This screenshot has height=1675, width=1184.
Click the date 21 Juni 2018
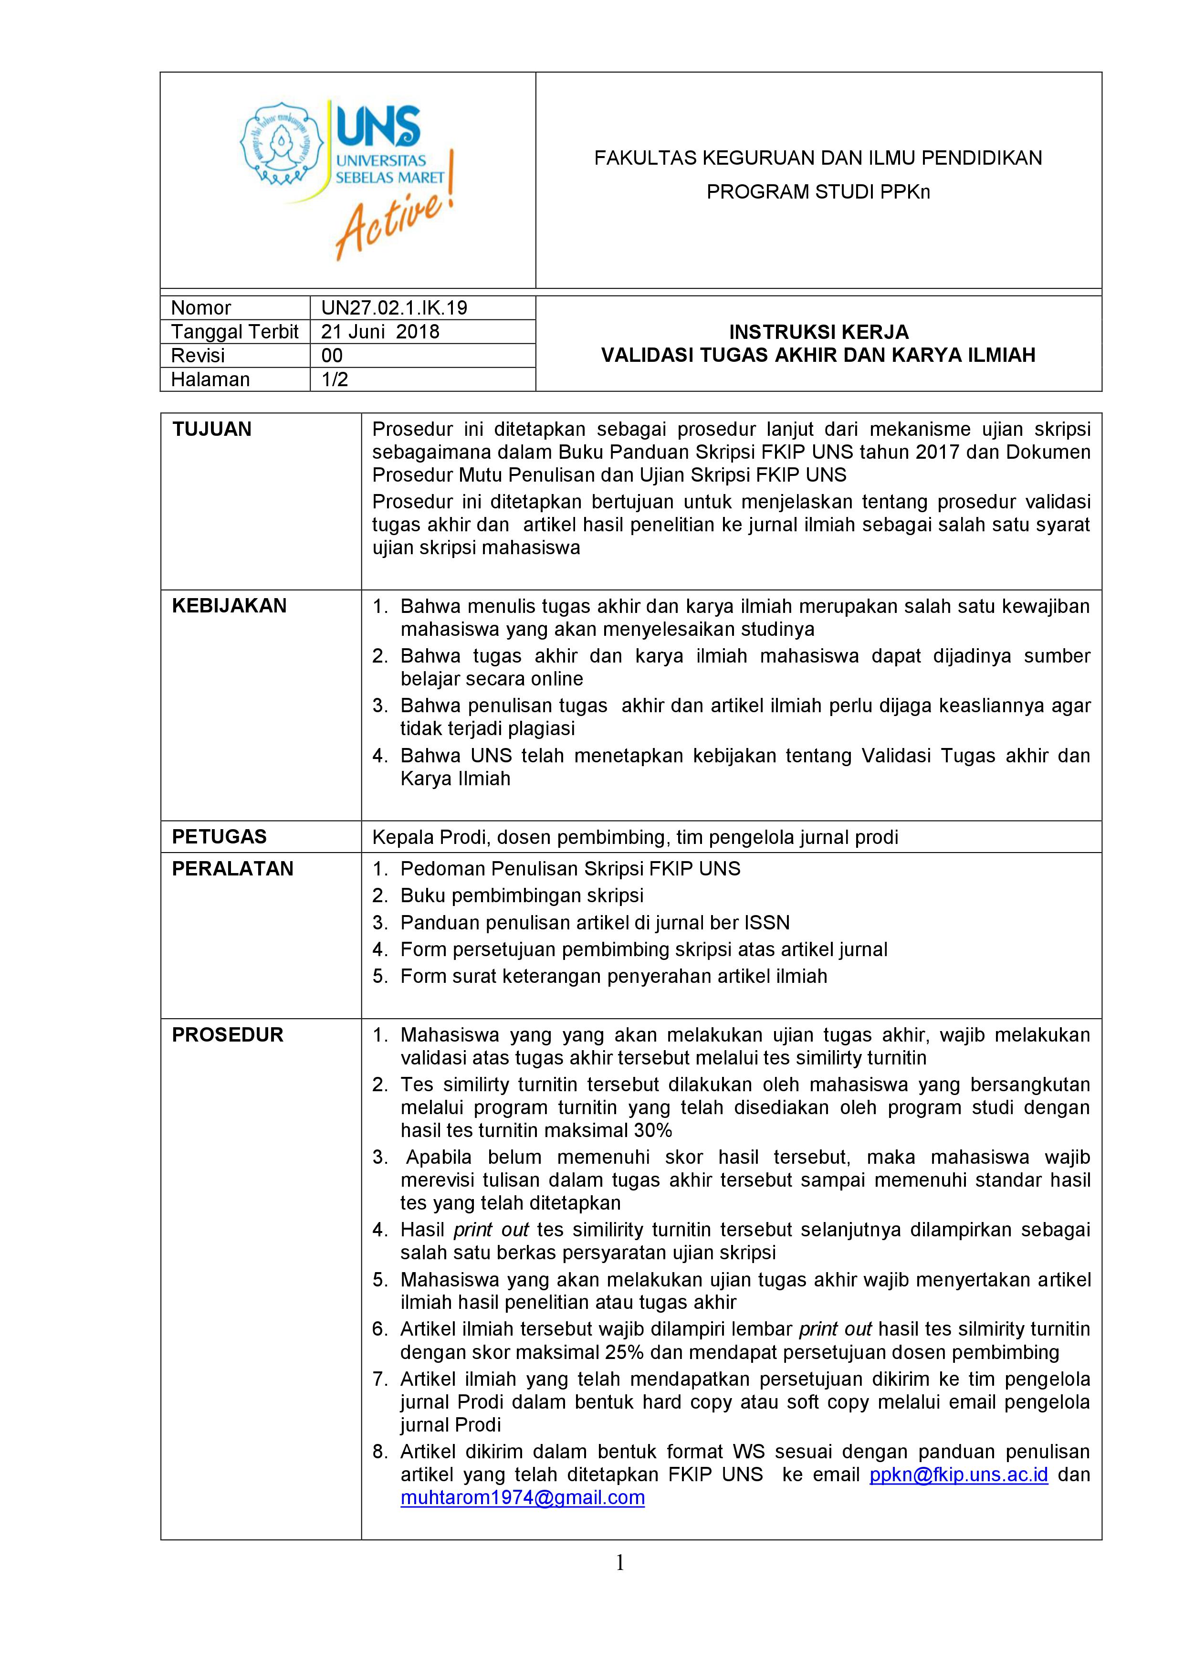(380, 331)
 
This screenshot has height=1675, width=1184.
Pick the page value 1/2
(335, 379)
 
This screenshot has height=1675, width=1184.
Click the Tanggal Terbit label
(234, 331)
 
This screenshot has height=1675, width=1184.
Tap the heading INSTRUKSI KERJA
(818, 332)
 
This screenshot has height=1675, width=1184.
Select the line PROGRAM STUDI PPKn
(818, 192)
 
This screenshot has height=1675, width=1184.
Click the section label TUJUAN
(211, 429)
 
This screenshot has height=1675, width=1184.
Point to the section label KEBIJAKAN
(229, 605)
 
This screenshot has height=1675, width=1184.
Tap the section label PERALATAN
(232, 868)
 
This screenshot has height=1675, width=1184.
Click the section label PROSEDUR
(227, 1034)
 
